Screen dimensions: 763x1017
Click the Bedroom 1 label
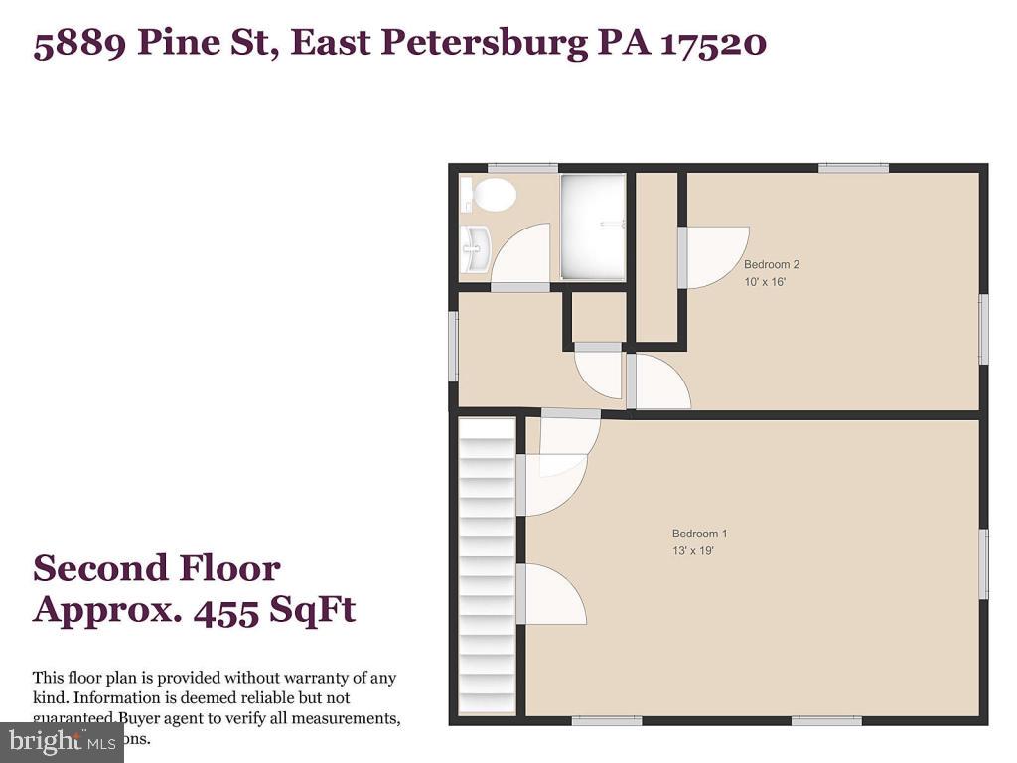tap(699, 534)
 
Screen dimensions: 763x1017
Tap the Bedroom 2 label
tap(772, 264)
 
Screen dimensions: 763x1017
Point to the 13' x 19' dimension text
tap(693, 550)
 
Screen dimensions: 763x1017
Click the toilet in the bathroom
tap(491, 195)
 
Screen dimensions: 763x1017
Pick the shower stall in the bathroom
tap(593, 228)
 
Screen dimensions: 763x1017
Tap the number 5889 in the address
tap(78, 44)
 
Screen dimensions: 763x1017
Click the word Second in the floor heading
tap(98, 568)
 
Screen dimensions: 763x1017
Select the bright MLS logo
tap(62, 742)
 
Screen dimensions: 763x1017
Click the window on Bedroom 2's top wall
tap(853, 168)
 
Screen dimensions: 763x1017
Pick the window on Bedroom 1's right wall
tap(983, 564)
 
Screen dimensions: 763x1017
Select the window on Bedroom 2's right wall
tap(983, 328)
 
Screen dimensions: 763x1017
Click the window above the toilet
tap(522, 168)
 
